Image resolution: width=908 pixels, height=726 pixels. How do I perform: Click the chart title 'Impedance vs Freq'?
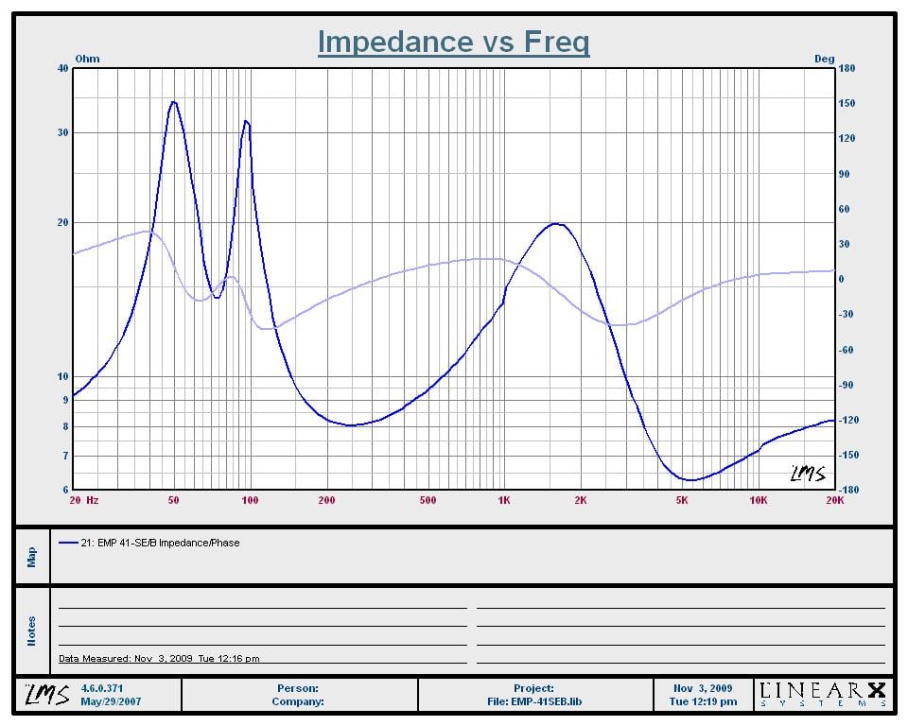click(x=453, y=42)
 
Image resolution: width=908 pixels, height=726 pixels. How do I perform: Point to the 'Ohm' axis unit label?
click(x=87, y=59)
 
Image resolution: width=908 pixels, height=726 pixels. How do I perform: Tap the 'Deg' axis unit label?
click(x=824, y=59)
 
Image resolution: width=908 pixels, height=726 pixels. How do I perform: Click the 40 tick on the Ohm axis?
click(x=62, y=68)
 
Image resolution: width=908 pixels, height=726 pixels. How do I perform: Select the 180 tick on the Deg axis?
click(x=847, y=68)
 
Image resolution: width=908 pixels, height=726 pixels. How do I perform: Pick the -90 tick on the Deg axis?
click(x=847, y=385)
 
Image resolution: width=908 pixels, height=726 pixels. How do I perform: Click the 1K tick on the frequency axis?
click(x=503, y=500)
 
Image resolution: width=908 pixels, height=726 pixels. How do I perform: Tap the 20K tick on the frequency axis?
click(x=833, y=500)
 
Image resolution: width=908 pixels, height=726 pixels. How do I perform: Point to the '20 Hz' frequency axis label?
click(x=85, y=500)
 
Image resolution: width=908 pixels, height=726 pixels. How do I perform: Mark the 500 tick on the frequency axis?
click(x=428, y=500)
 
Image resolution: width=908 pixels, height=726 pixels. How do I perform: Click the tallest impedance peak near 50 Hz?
click(x=173, y=102)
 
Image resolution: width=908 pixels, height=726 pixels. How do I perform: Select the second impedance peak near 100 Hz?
click(x=246, y=121)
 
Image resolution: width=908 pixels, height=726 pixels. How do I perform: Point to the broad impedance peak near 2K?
click(x=555, y=224)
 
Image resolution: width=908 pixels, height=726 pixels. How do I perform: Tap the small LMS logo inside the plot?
click(x=807, y=473)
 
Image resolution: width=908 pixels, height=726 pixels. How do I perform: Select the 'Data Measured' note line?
click(x=159, y=658)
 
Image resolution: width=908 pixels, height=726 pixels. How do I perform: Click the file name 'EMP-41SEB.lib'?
click(x=534, y=701)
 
